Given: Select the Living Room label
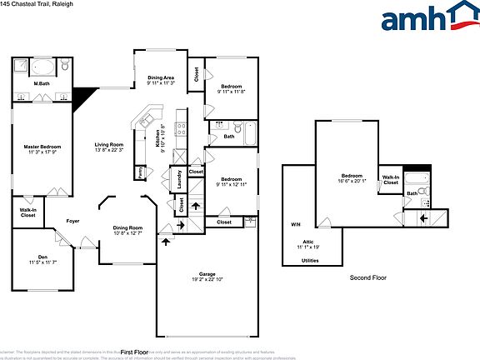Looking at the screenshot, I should [108, 147].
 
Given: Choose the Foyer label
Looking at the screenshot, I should [73, 221].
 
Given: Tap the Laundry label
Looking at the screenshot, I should [177, 179].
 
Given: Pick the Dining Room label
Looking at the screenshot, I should [127, 230].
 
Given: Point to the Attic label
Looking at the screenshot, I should [309, 243].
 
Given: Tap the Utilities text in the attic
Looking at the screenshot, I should [309, 261].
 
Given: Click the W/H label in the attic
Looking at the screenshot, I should [295, 224].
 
